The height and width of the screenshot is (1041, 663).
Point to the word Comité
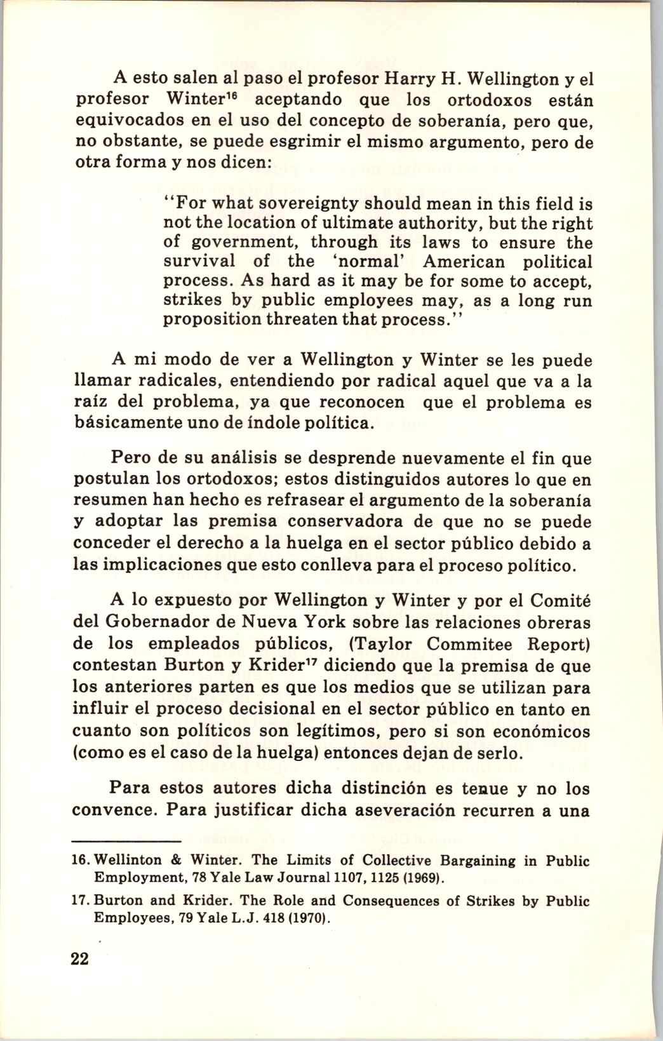click(560, 601)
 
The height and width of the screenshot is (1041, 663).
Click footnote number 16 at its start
click(84, 861)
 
